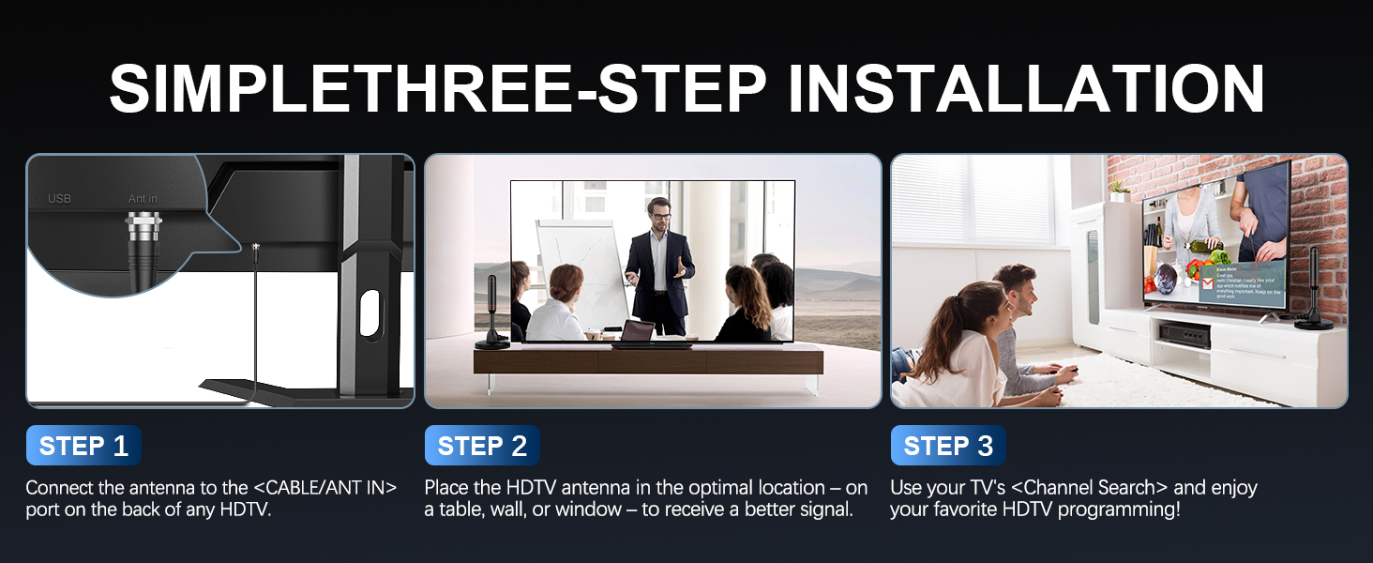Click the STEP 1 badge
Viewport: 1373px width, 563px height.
(x=83, y=446)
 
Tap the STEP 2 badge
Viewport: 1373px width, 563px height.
(x=482, y=446)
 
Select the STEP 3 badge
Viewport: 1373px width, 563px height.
(x=948, y=446)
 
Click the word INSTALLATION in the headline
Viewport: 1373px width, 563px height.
(x=1026, y=89)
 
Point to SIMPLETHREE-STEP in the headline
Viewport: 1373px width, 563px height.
(x=441, y=89)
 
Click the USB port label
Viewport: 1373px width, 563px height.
(x=59, y=199)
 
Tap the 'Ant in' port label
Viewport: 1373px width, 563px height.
(x=143, y=199)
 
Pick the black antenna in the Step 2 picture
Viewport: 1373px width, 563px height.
(x=493, y=310)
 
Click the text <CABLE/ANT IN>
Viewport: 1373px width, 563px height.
(x=325, y=488)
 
